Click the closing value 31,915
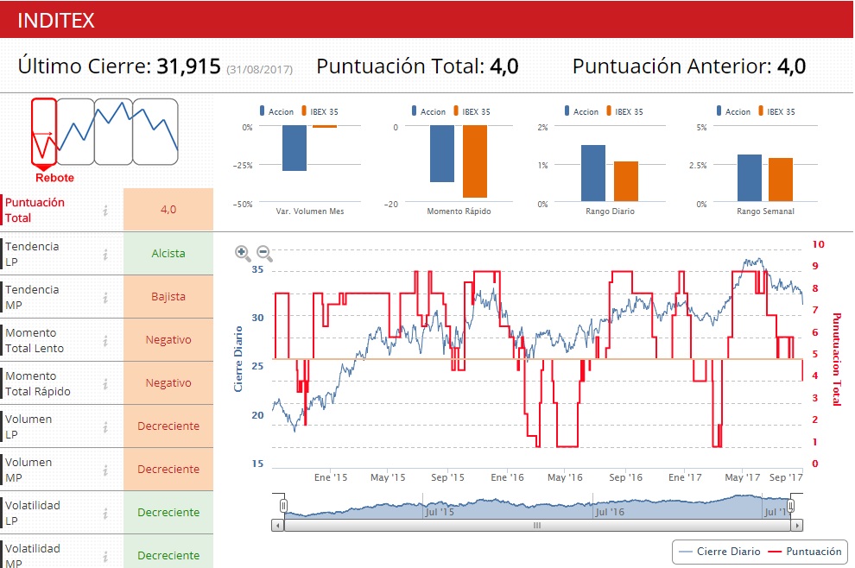(188, 66)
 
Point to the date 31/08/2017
(259, 69)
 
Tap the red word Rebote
(54, 178)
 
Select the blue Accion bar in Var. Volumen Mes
(294, 148)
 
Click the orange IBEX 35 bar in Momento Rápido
(474, 161)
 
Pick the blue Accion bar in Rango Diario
(592, 174)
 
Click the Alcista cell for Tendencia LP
(168, 254)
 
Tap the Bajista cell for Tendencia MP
(168, 297)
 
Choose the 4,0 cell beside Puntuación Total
(168, 210)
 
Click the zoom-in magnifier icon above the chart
(243, 253)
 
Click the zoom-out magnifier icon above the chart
(264, 253)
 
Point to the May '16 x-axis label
(565, 477)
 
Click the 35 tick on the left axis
(256, 270)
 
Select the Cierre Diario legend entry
(720, 552)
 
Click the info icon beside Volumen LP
(105, 426)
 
